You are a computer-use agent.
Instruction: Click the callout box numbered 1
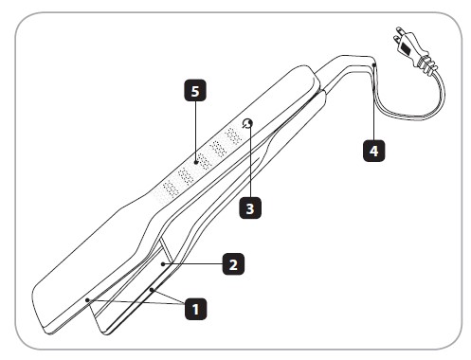tap(195, 309)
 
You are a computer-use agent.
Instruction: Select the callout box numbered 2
tap(233, 264)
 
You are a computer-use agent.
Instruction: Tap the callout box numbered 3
tap(250, 208)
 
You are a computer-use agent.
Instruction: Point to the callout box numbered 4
tap(373, 151)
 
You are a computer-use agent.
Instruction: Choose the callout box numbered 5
tap(195, 91)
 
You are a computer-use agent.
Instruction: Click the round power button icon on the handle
tap(247, 124)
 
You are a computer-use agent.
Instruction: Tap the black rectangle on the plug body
tap(405, 48)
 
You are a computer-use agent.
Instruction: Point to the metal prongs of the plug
tap(397, 36)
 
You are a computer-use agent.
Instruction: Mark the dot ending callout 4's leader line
tap(374, 64)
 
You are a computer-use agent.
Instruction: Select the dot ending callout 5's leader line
tap(196, 162)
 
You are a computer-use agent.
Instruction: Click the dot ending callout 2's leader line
tap(163, 264)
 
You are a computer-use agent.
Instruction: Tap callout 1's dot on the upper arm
tap(87, 300)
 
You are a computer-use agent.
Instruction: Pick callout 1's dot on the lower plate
tap(152, 289)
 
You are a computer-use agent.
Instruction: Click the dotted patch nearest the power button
tap(234, 136)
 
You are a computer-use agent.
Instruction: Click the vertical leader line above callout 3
tap(250, 161)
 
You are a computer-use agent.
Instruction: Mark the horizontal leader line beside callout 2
tap(193, 264)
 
